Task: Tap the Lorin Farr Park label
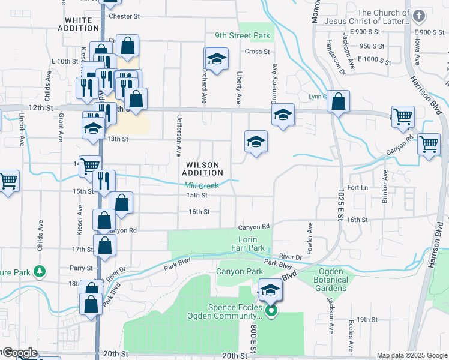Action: (248, 243)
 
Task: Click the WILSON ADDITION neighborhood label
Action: (200, 169)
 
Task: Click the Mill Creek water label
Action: (201, 185)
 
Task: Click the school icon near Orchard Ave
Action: (216, 58)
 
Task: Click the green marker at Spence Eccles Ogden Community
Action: (271, 311)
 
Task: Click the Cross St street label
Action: (257, 52)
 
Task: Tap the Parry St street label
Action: (82, 268)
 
